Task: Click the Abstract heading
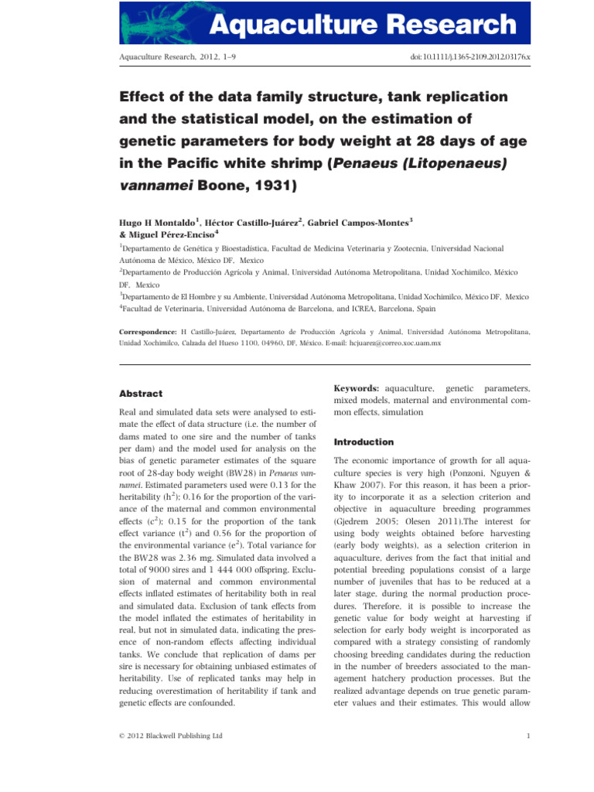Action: (141, 393)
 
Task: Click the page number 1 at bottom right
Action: (527, 736)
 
